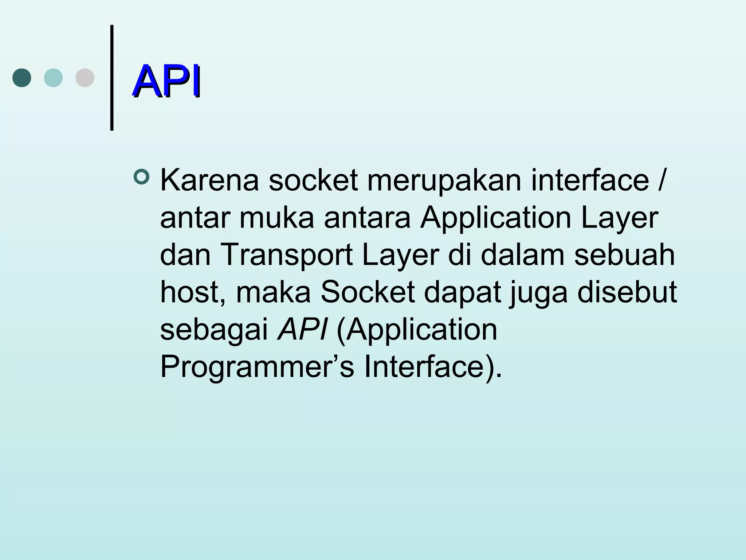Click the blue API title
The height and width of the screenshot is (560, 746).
(x=166, y=81)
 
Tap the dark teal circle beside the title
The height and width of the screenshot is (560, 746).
(x=22, y=78)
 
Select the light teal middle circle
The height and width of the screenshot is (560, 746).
(x=53, y=78)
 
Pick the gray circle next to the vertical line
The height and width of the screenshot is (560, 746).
(x=85, y=78)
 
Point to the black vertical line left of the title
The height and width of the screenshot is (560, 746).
(x=112, y=77)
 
